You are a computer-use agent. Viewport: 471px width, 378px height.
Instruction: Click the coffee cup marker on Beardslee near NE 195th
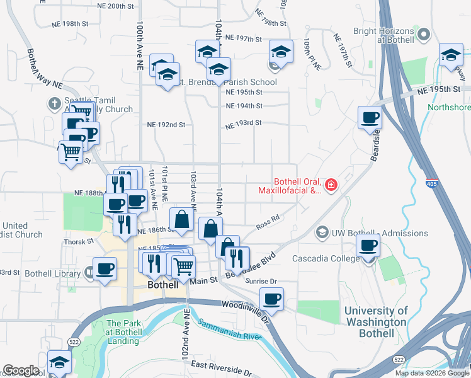(x=370, y=117)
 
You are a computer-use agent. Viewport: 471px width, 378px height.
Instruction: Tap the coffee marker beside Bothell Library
(x=105, y=268)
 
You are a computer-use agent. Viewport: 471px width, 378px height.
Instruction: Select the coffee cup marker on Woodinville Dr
(x=271, y=299)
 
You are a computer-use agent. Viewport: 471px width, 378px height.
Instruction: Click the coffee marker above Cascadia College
(x=368, y=245)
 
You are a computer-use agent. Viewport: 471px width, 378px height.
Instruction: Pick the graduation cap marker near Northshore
(x=450, y=55)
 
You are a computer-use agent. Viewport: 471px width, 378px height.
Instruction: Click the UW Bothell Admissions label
(x=371, y=233)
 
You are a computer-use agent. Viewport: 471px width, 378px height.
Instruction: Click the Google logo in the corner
(x=21, y=370)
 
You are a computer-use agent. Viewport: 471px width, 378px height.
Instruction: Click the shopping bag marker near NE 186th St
(x=181, y=220)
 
